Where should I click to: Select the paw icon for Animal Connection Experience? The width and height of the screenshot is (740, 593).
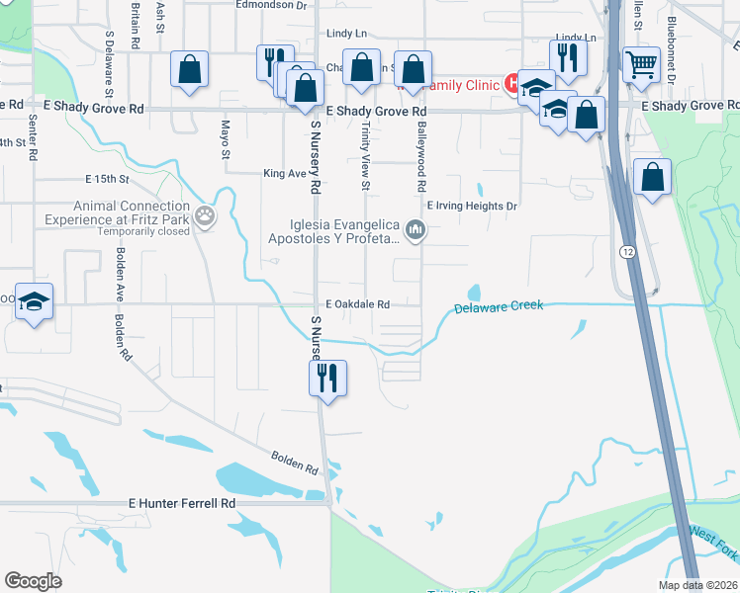(x=205, y=214)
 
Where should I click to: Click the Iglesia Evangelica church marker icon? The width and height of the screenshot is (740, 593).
(x=416, y=231)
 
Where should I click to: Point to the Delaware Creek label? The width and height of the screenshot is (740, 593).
(x=499, y=307)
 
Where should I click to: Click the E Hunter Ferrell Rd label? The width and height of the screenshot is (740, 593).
(x=183, y=503)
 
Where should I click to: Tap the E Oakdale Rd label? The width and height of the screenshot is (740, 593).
(x=357, y=304)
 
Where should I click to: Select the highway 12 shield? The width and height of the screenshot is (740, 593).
(x=628, y=252)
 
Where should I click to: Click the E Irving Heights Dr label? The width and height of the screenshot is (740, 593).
(x=472, y=206)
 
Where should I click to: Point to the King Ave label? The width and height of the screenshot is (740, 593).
(x=285, y=173)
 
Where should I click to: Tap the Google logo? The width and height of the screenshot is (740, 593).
(x=33, y=581)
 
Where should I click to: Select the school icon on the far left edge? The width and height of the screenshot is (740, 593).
(x=35, y=300)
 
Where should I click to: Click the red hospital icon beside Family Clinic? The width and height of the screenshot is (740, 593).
(x=512, y=83)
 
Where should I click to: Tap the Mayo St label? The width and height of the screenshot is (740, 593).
(x=225, y=139)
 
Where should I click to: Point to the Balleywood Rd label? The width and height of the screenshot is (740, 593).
(x=421, y=158)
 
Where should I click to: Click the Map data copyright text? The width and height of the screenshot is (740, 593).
(x=698, y=585)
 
